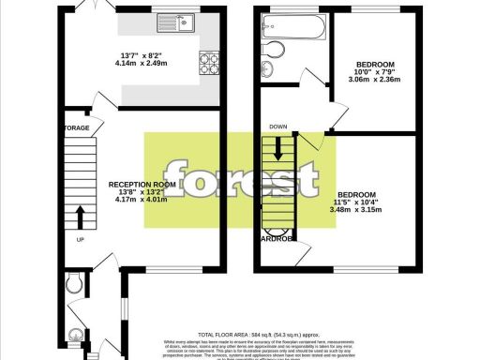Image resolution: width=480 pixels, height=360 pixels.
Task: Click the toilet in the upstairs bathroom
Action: click(274, 51)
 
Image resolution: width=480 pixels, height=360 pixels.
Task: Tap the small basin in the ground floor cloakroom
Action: click(77, 334)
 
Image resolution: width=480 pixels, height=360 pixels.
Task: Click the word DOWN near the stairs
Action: click(278, 127)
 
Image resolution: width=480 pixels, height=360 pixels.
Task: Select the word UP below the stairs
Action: click(80, 238)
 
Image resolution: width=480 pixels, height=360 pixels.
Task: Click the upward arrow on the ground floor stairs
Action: click(79, 218)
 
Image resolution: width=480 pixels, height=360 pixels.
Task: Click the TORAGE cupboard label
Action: click(77, 127)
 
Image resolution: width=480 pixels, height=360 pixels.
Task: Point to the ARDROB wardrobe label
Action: click(277, 237)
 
